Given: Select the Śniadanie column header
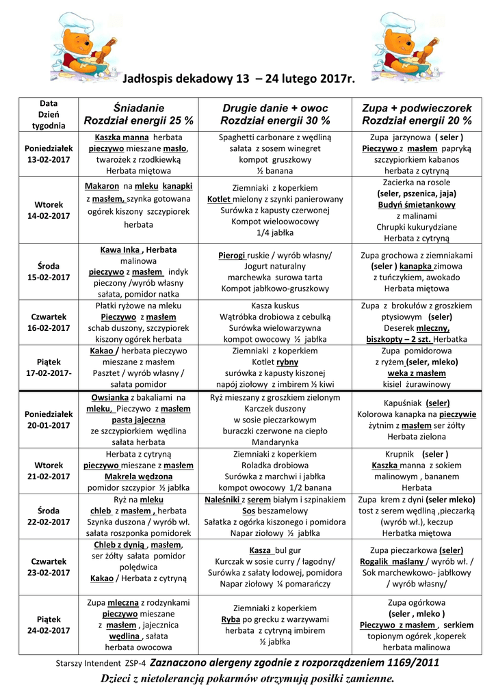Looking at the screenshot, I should pos(139,108).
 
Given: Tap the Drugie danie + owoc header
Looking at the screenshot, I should pos(275,108).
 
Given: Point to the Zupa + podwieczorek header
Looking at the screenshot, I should pos(417,108).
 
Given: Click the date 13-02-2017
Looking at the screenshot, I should pos(49,160).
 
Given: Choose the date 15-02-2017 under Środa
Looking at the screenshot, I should pos(49,277).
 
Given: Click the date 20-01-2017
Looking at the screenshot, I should pos(49,425).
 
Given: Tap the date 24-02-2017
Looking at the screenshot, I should pos(49,630).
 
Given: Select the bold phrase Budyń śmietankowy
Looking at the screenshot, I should pos(417,204).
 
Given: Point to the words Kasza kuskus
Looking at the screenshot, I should pos(275,306).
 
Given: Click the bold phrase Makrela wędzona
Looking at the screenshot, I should pos(139,476).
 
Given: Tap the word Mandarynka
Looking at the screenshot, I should pos(275,442).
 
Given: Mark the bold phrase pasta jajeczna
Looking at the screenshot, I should pos(139,420).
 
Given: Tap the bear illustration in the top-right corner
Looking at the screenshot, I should pos(404,47).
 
